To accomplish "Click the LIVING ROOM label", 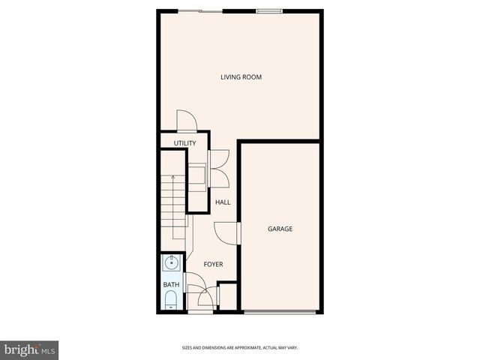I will [x=241, y=77].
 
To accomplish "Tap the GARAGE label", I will [x=280, y=229].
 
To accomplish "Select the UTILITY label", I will [x=184, y=143].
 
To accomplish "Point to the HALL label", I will [x=223, y=202].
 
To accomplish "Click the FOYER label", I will [x=213, y=264].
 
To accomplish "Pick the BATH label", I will [x=172, y=285].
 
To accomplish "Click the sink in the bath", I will [x=172, y=262].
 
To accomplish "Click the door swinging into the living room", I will [x=186, y=121].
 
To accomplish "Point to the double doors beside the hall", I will [x=220, y=169].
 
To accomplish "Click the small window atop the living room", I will [x=268, y=10].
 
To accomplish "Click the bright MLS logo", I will [x=29, y=349].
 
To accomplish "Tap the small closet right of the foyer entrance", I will [x=227, y=295].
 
